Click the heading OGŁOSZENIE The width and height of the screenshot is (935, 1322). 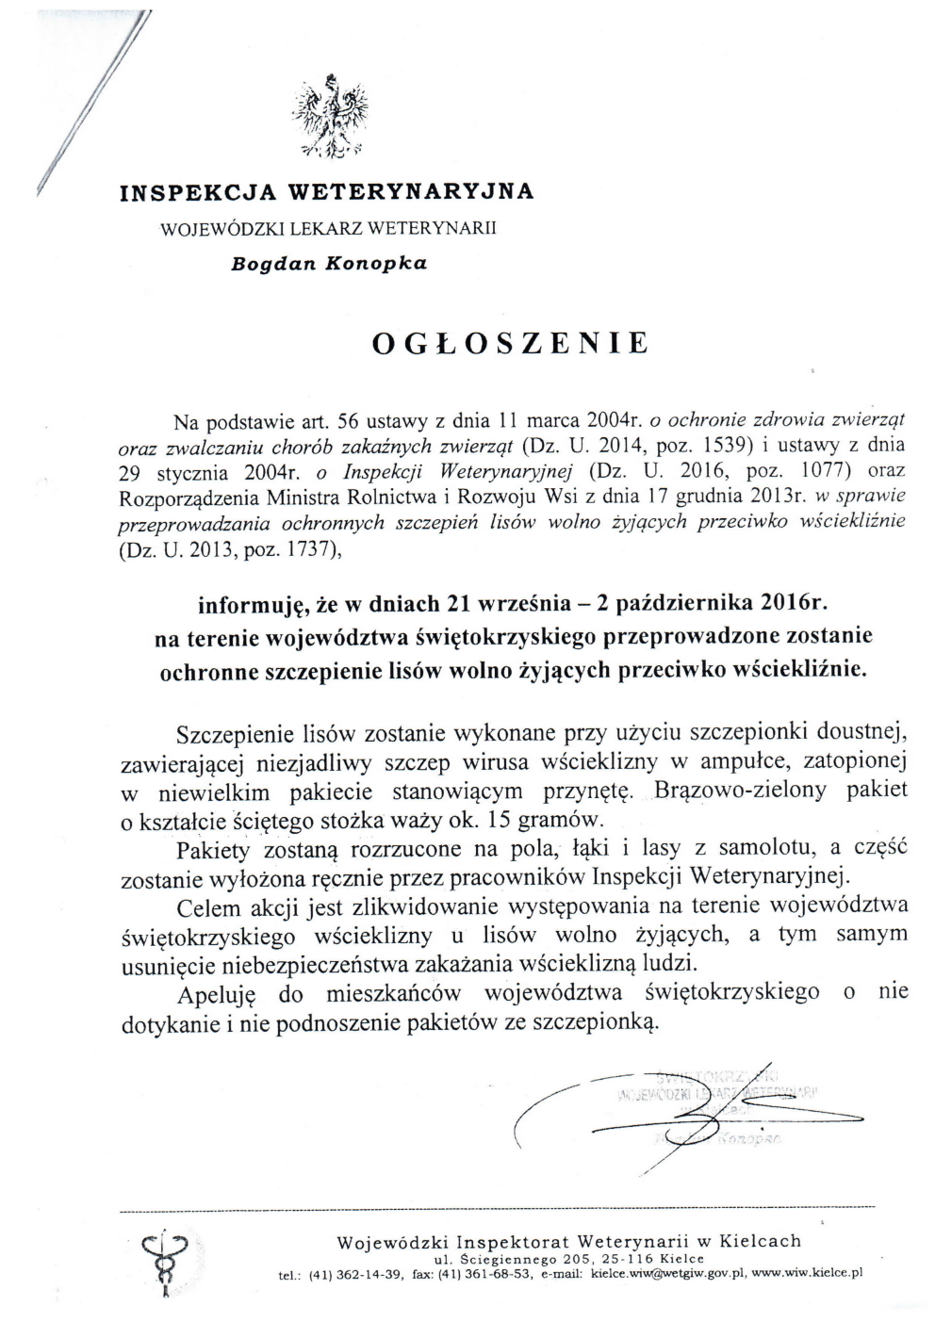click(511, 343)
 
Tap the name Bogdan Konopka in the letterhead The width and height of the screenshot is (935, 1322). click(329, 264)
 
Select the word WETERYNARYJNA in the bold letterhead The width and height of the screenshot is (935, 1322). click(410, 192)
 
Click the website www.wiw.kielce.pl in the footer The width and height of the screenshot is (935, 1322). click(809, 1273)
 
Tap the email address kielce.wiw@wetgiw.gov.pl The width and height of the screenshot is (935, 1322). click(668, 1273)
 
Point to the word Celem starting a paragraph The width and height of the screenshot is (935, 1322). click(207, 907)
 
